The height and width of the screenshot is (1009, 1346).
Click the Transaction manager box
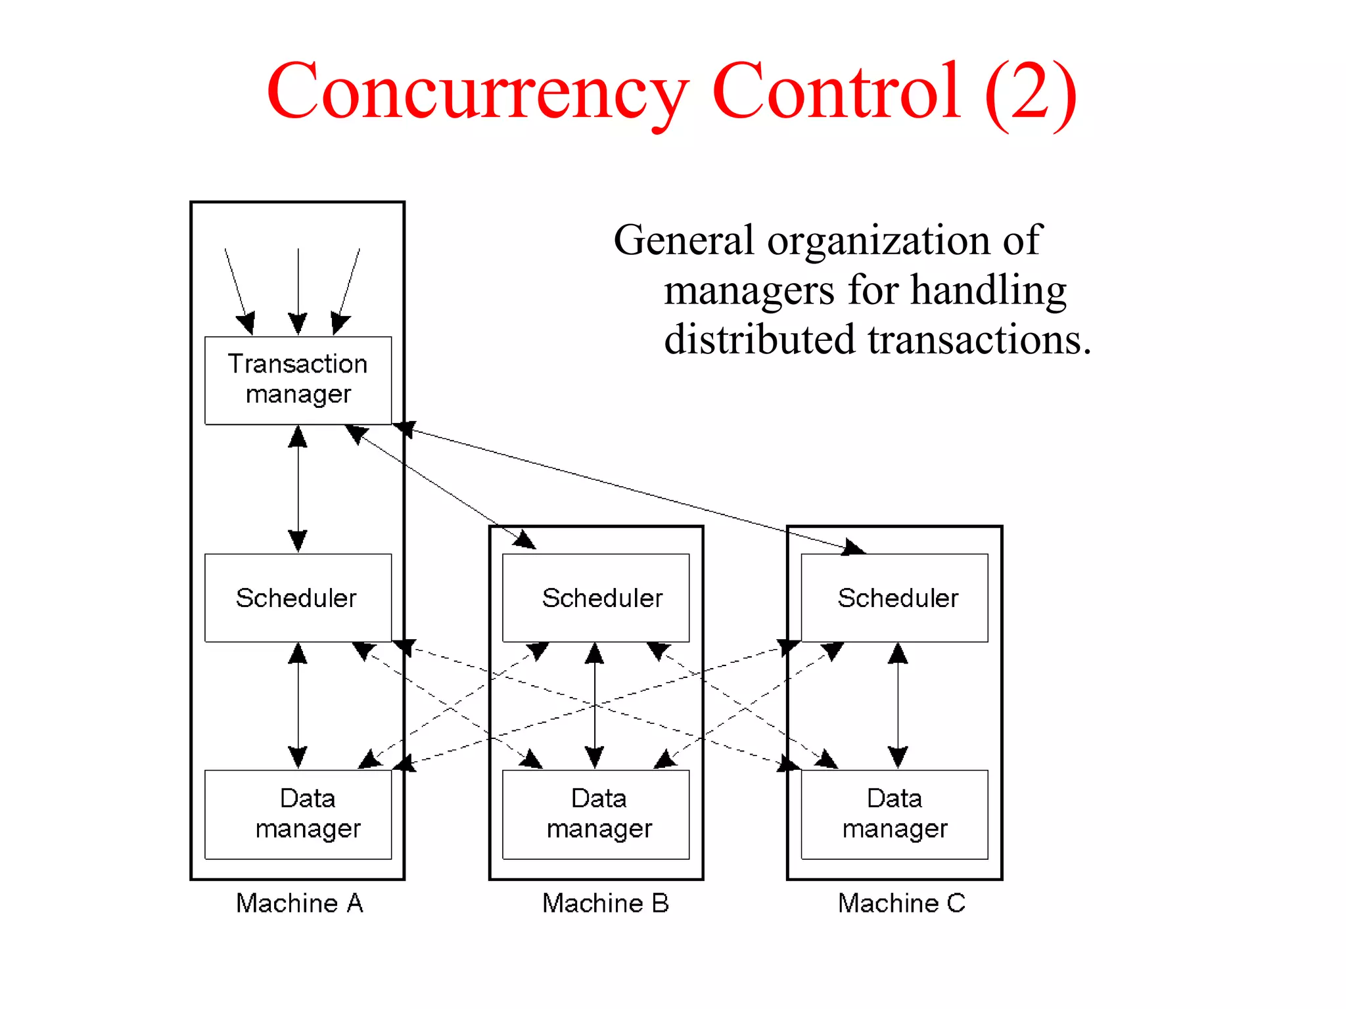(x=298, y=380)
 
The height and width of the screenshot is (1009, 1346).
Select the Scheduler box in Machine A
(x=298, y=598)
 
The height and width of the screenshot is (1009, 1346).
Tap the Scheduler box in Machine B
(x=595, y=598)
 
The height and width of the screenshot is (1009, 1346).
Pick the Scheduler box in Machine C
(x=894, y=598)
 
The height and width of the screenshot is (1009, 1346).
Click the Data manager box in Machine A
(x=298, y=815)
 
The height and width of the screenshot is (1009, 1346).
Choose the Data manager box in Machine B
(x=595, y=815)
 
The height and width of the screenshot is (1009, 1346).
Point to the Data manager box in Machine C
(x=894, y=815)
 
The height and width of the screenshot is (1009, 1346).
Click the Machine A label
(x=299, y=903)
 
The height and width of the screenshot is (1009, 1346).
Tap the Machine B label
(x=605, y=903)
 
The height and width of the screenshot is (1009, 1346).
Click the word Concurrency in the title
(x=478, y=92)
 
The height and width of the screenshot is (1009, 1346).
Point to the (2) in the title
(x=1031, y=92)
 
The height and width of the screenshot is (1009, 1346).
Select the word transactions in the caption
(x=979, y=340)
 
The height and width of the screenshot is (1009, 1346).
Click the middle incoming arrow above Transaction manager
(x=298, y=289)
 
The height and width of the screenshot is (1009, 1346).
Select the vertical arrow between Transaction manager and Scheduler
(x=298, y=489)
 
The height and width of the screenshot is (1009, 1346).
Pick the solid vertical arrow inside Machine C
(x=898, y=706)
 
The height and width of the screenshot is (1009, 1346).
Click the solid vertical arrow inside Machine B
(x=595, y=706)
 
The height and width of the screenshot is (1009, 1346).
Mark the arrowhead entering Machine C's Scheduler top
(x=854, y=547)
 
